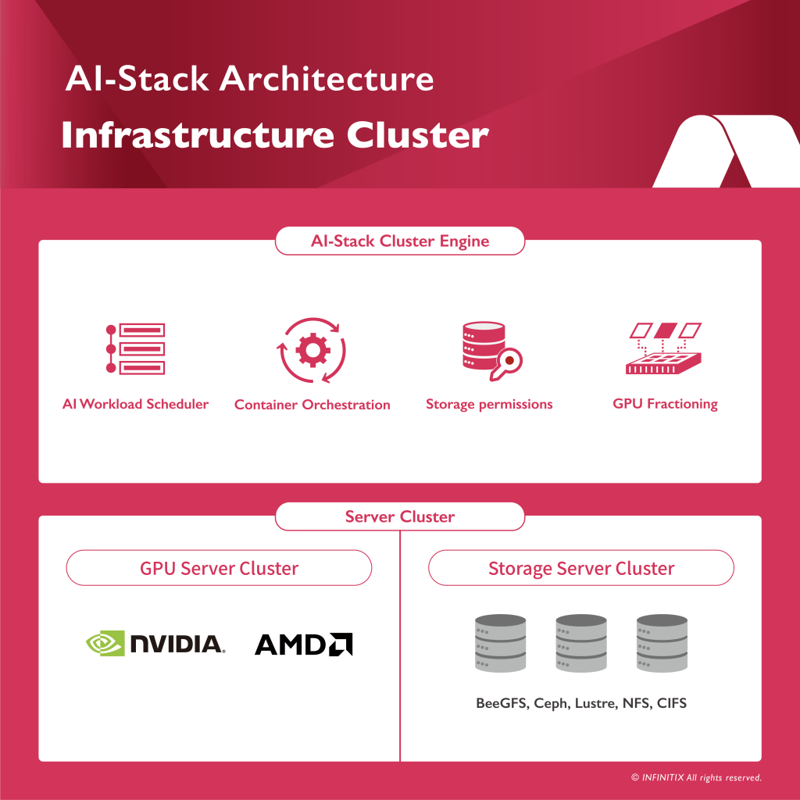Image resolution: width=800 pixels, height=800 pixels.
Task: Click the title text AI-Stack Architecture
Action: (x=249, y=79)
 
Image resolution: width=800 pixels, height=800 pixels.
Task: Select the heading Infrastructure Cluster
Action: (x=274, y=134)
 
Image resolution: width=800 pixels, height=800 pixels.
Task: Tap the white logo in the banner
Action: (x=725, y=152)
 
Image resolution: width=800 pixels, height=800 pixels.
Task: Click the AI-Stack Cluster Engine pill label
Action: (x=399, y=241)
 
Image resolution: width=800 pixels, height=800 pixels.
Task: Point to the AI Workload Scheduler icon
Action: (x=135, y=348)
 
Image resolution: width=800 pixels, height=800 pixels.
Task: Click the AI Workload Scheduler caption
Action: (x=135, y=404)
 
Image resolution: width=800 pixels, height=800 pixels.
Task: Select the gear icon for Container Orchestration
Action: (x=312, y=350)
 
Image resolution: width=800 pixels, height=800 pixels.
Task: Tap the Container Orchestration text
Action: (x=312, y=405)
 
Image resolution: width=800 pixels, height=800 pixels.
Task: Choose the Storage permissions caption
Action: (x=488, y=404)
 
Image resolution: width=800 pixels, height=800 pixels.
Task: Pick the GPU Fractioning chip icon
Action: (x=666, y=348)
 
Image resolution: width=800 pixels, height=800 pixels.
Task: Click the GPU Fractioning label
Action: (x=665, y=404)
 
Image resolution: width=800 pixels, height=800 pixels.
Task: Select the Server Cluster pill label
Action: (x=399, y=516)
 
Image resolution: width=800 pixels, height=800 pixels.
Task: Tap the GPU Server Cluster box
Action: (x=219, y=568)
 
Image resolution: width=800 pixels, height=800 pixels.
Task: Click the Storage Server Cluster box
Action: (x=580, y=568)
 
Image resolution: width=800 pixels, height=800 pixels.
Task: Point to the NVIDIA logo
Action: (x=155, y=643)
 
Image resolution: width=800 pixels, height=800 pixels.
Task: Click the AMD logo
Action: (x=303, y=644)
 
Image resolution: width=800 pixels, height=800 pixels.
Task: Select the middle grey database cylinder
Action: (x=581, y=643)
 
